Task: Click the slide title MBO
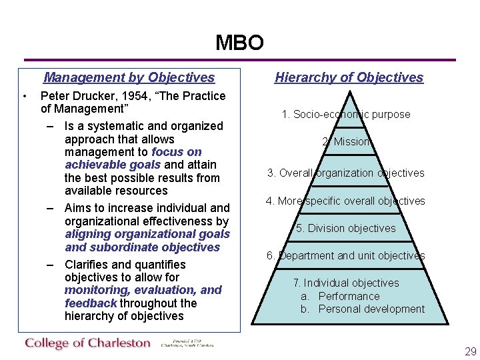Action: point(239,43)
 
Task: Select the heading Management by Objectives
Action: point(129,78)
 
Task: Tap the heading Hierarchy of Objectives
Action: point(349,77)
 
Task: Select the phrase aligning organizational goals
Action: point(147,234)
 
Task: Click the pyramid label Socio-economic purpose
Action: point(346,115)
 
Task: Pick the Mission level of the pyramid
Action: point(346,142)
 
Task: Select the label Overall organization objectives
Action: point(345,173)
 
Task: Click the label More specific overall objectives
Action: point(345,201)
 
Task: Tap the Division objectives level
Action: point(345,228)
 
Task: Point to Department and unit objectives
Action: point(345,255)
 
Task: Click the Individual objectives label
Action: point(346,283)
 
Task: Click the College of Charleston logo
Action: point(89,343)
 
